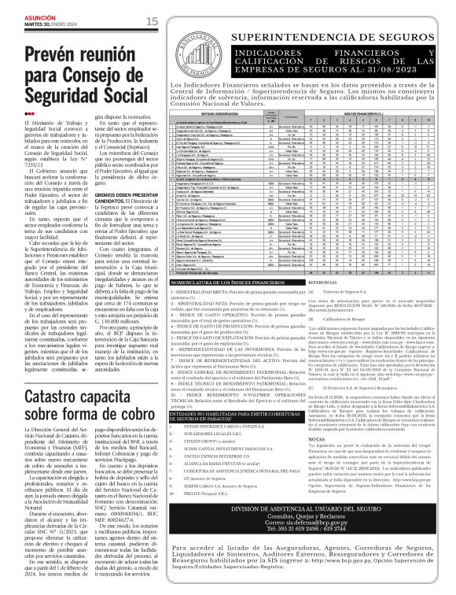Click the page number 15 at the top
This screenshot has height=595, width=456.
click(152, 20)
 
